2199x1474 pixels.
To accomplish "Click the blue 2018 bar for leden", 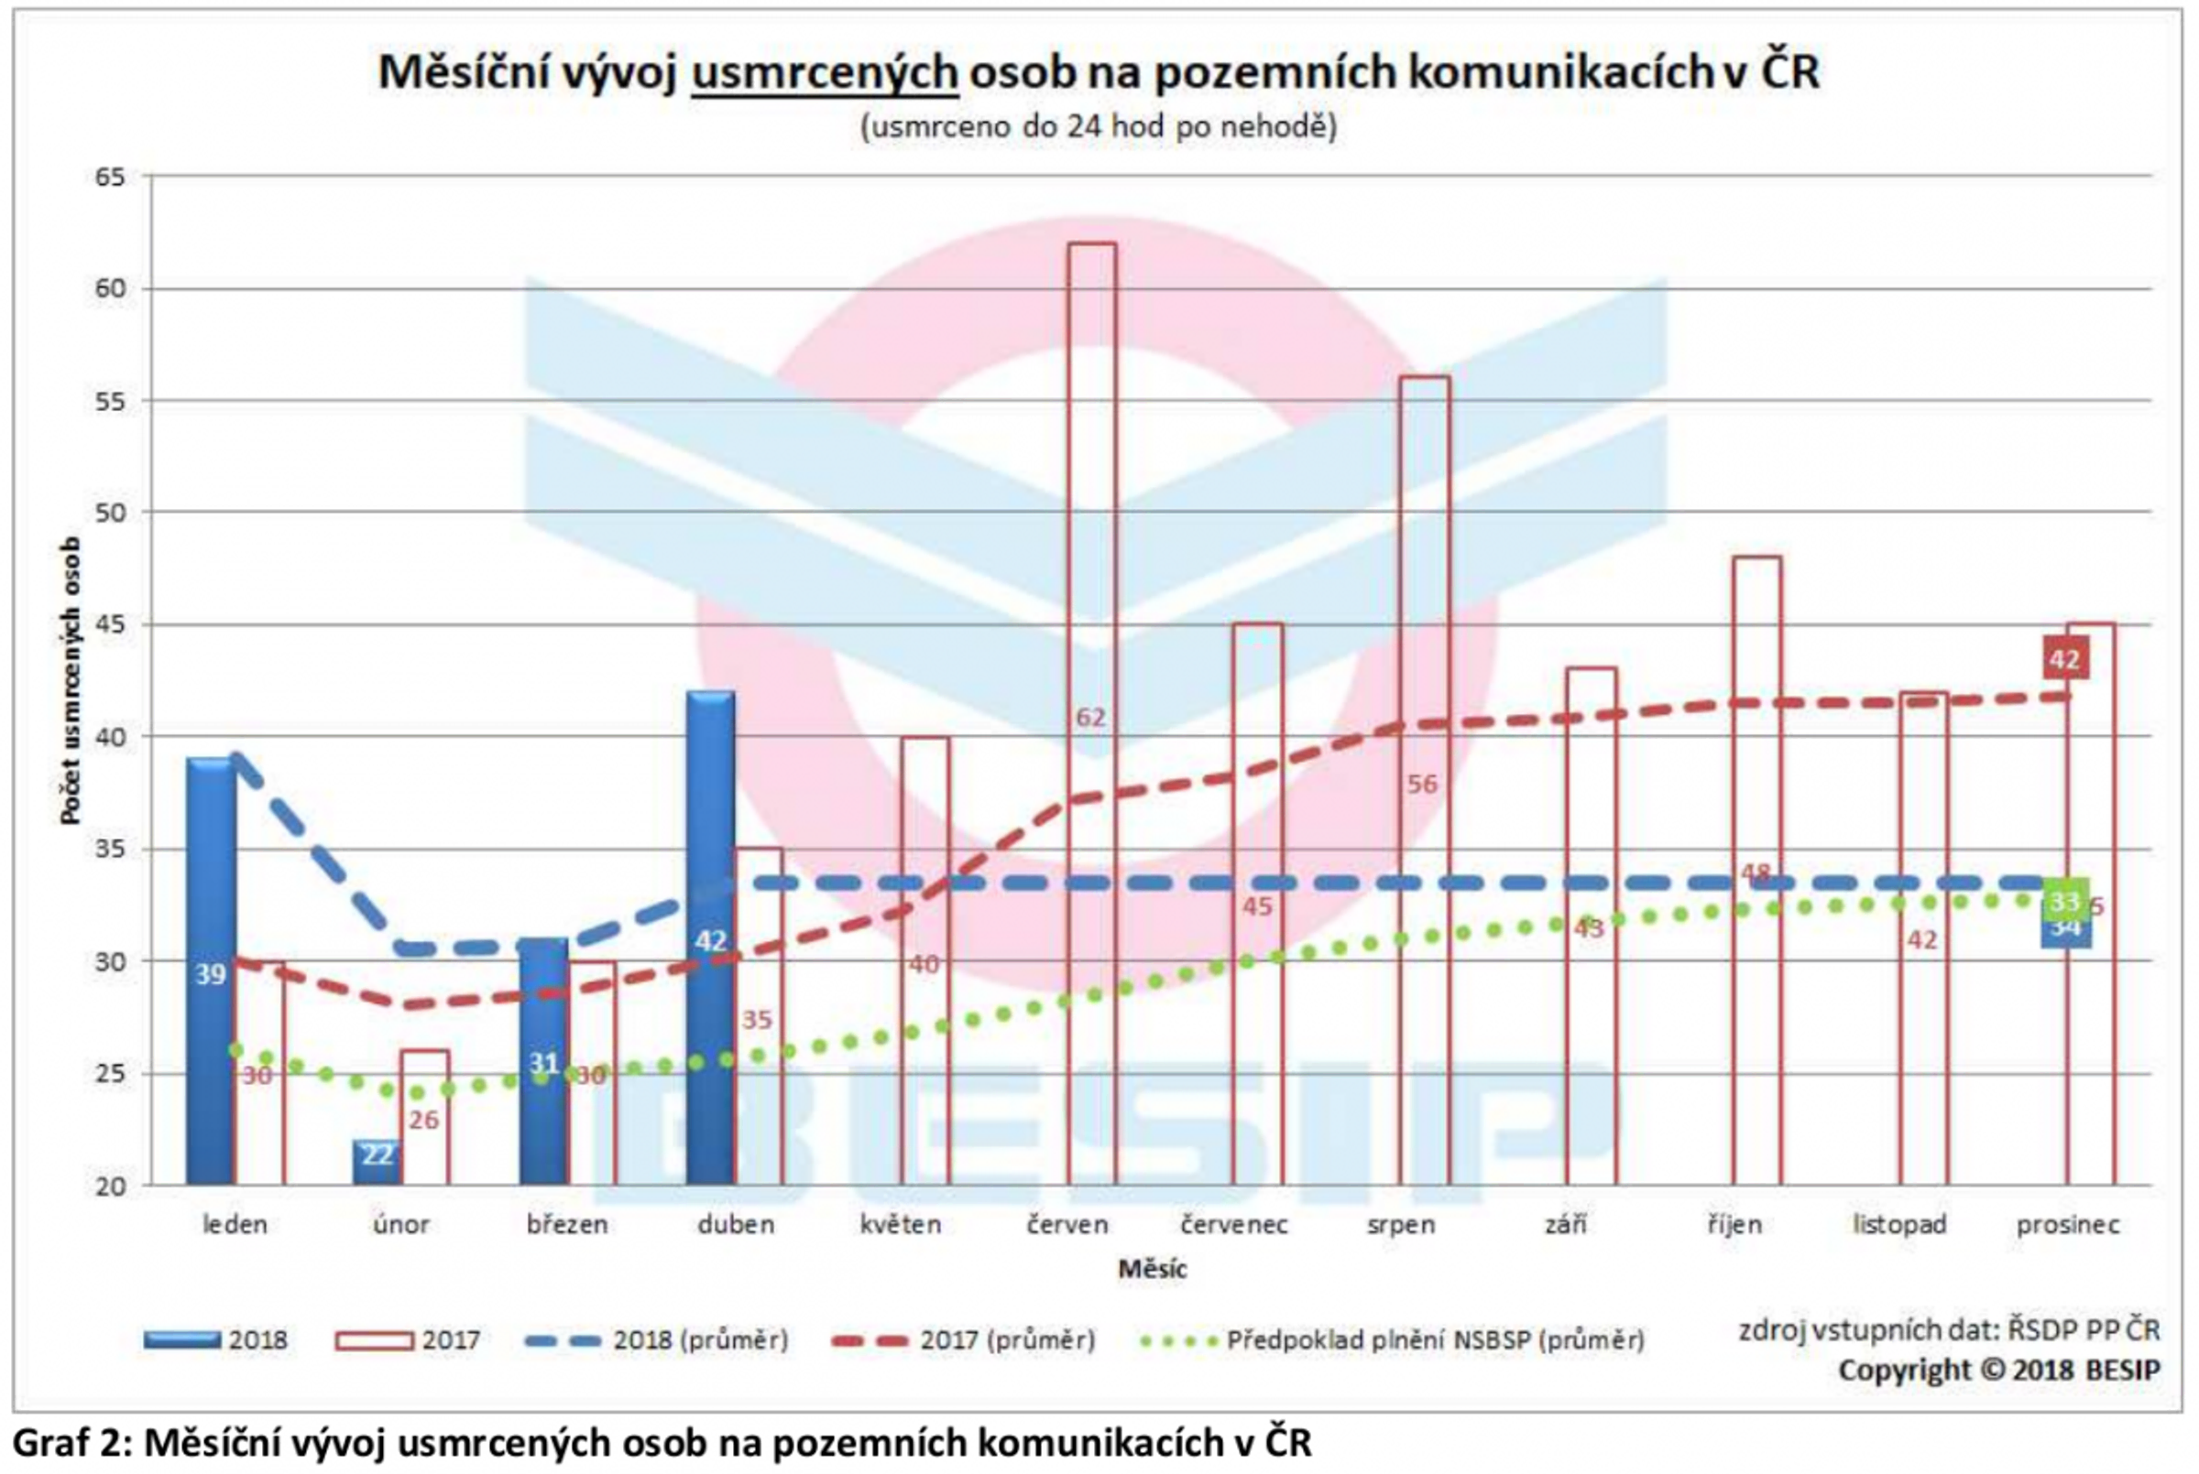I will pos(211,969).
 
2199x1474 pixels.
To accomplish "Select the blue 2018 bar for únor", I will pos(377,1162).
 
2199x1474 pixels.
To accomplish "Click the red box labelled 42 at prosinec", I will pos(2064,658).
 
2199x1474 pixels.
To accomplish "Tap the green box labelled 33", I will pos(2064,901).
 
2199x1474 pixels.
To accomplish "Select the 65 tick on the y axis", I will pos(110,177).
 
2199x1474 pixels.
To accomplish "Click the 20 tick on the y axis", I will pos(110,1186).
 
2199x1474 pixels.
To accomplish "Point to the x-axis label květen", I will pos(900,1225).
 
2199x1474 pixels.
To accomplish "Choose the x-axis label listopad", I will pos(1899,1225).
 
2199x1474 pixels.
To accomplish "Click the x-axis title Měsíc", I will pos(1151,1269).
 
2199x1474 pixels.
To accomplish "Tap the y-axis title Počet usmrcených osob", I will pos(70,680).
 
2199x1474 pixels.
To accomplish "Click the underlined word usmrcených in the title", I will pos(824,73).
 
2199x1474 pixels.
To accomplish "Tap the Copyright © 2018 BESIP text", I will pos(1998,1371).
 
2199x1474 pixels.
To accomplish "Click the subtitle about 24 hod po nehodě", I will pos(1098,127).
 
